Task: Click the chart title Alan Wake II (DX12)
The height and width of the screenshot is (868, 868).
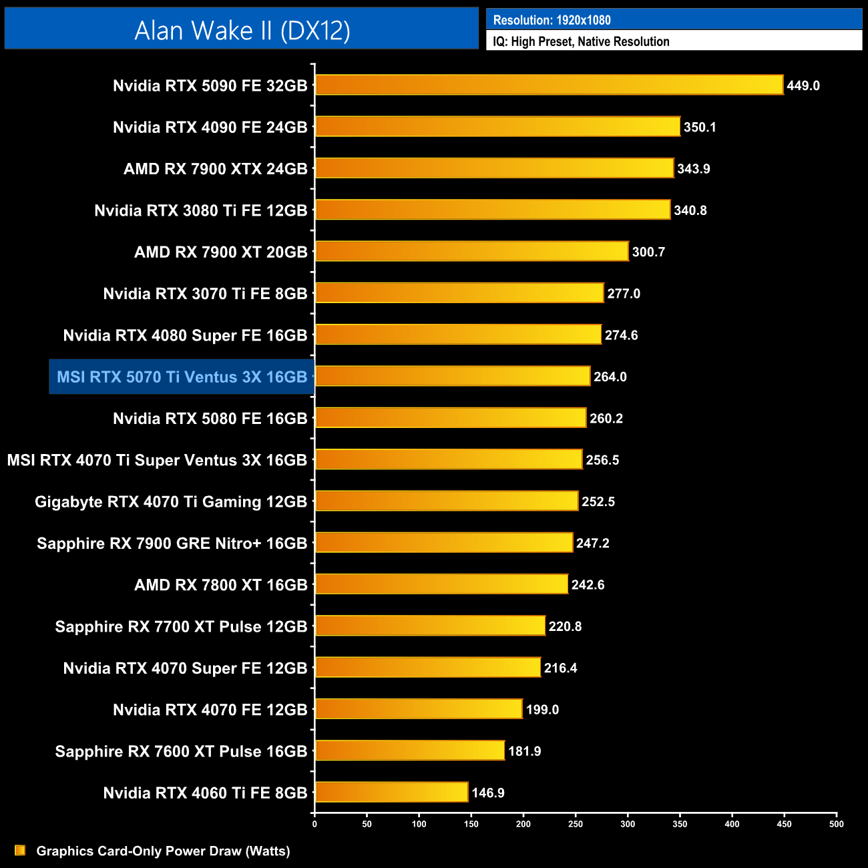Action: pyautogui.click(x=242, y=30)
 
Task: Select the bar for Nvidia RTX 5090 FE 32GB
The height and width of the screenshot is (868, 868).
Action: pyautogui.click(x=549, y=85)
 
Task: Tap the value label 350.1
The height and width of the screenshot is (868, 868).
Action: pyautogui.click(x=700, y=127)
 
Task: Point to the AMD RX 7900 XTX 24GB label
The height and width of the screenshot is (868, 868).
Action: pyautogui.click(x=215, y=169)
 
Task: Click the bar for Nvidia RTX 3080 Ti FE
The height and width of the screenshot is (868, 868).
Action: pyautogui.click(x=493, y=210)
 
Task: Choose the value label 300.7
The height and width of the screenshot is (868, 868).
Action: pyautogui.click(x=648, y=252)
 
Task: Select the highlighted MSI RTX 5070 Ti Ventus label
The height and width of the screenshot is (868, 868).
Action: pyautogui.click(x=182, y=377)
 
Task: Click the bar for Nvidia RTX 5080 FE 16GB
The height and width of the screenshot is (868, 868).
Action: pyautogui.click(x=451, y=418)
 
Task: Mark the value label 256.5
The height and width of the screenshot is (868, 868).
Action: pyautogui.click(x=602, y=460)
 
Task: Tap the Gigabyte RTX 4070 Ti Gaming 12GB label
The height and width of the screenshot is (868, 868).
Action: pyautogui.click(x=171, y=501)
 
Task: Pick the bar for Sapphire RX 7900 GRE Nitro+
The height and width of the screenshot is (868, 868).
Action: pyautogui.click(x=444, y=543)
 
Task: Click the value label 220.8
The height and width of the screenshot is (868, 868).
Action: pyautogui.click(x=565, y=626)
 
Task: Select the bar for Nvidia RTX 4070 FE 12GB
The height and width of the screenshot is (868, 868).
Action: pyautogui.click(x=419, y=709)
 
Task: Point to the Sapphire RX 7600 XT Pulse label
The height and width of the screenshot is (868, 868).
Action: pyautogui.click(x=181, y=751)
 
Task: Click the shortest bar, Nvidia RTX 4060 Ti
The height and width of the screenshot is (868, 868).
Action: pyautogui.click(x=391, y=793)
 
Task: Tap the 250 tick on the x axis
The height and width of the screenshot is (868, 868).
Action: pyautogui.click(x=575, y=824)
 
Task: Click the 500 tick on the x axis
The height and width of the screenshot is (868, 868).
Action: pyautogui.click(x=836, y=824)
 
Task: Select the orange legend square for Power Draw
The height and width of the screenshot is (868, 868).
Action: pyautogui.click(x=20, y=850)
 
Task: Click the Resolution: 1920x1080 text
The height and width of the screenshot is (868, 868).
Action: pyautogui.click(x=552, y=20)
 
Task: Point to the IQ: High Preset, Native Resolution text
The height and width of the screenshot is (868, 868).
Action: pyautogui.click(x=581, y=41)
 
